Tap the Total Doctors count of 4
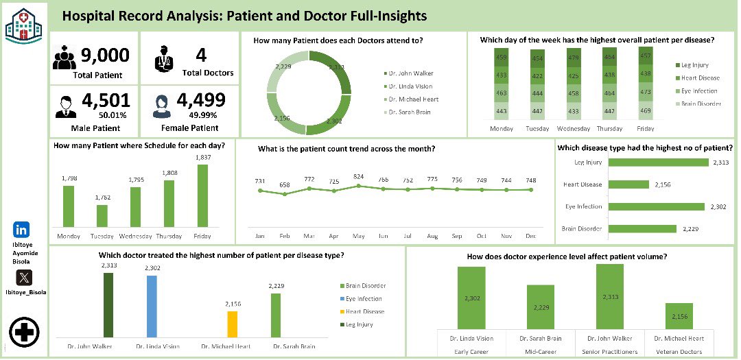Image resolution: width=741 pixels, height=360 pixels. point(200,55)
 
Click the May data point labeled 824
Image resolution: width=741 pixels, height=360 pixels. point(359,186)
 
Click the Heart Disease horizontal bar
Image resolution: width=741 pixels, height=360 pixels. point(629,184)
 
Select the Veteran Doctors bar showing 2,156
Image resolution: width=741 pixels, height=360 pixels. point(679,316)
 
